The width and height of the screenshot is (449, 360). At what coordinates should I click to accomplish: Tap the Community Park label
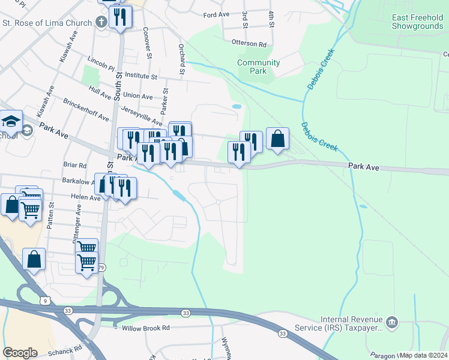(x=259, y=67)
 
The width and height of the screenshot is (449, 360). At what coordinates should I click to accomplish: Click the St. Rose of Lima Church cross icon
(x=101, y=23)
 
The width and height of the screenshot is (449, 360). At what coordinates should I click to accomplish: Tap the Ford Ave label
(x=217, y=14)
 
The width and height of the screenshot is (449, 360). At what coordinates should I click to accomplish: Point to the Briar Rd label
(x=75, y=165)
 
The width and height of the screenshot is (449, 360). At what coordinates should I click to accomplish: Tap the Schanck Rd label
(x=67, y=350)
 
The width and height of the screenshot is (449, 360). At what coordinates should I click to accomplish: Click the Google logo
(x=20, y=353)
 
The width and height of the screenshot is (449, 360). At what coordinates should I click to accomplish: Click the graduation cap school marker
(x=11, y=122)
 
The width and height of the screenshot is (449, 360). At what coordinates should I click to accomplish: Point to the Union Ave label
(x=138, y=95)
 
